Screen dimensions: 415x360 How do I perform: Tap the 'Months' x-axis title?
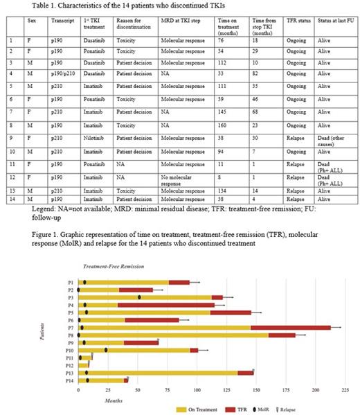[x=115, y=400]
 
